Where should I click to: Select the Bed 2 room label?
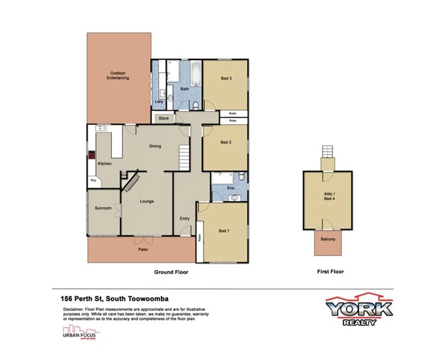[x=226, y=142]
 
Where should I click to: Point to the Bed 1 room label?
[x=224, y=231]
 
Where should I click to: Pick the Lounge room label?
[x=146, y=201]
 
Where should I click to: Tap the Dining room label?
[x=155, y=146]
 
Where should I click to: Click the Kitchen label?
[x=104, y=163]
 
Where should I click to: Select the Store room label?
[x=163, y=118]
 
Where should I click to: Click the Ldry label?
[x=158, y=102]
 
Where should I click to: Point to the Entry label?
[x=184, y=218]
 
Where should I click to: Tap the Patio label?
[x=142, y=250]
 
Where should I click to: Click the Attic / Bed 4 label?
[x=329, y=197]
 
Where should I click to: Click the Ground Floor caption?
[x=171, y=272]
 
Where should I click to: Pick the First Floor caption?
[x=330, y=272]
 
